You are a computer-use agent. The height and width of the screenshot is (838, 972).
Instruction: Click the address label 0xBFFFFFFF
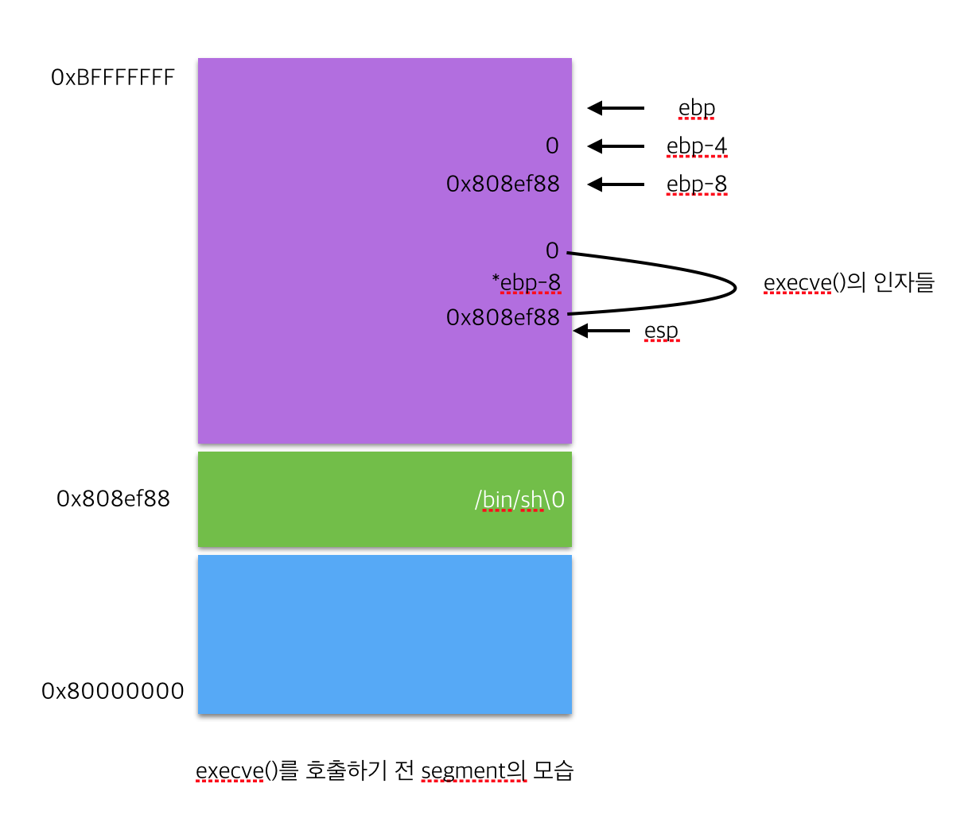point(113,77)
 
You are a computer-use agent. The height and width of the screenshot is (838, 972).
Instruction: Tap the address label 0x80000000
point(113,691)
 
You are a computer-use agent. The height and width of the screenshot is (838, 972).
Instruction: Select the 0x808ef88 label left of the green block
point(113,499)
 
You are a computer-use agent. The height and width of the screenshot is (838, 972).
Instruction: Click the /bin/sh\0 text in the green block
point(519,499)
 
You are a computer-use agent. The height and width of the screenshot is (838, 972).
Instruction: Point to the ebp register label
point(697,108)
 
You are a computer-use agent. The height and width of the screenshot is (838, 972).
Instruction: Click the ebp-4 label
point(697,146)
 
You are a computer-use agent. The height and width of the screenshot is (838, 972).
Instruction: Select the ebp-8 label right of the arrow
point(697,184)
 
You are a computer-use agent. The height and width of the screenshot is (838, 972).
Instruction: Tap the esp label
point(661,331)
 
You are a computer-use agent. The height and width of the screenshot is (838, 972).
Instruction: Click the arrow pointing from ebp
point(616,108)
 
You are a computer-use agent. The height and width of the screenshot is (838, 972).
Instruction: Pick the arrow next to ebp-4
point(616,146)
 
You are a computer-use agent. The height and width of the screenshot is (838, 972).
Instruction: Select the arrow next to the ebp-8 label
point(616,184)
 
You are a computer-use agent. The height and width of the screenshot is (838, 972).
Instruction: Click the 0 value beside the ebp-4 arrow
point(552,146)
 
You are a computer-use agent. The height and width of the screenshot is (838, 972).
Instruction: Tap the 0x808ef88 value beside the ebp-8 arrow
point(503,184)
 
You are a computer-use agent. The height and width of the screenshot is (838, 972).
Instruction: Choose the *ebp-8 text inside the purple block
point(527,283)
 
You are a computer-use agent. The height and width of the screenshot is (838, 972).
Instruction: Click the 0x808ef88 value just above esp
point(503,317)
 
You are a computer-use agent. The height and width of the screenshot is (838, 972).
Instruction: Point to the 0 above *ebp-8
point(552,251)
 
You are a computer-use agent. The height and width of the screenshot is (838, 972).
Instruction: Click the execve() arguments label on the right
point(849,283)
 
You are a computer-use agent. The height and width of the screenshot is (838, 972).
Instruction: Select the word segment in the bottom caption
point(463,771)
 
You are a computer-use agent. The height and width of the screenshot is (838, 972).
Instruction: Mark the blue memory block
point(385,634)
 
